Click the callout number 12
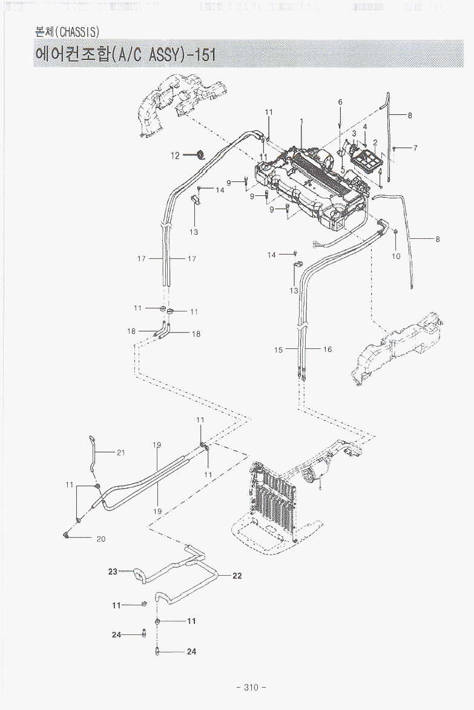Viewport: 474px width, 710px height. [175, 155]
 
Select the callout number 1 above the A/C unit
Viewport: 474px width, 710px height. [301, 121]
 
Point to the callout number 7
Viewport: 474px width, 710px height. [415, 148]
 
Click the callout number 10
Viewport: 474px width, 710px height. [397, 256]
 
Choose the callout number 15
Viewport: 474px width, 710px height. [278, 350]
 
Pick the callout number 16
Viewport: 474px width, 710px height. [328, 350]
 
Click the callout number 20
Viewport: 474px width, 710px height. [100, 539]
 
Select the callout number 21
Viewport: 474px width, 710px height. [120, 452]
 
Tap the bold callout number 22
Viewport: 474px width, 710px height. [237, 576]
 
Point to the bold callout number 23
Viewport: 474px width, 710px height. [113, 572]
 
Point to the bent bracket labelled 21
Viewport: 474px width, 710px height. [92, 455]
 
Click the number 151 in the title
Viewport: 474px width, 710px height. [203, 56]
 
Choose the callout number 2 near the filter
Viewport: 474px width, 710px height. [375, 143]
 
